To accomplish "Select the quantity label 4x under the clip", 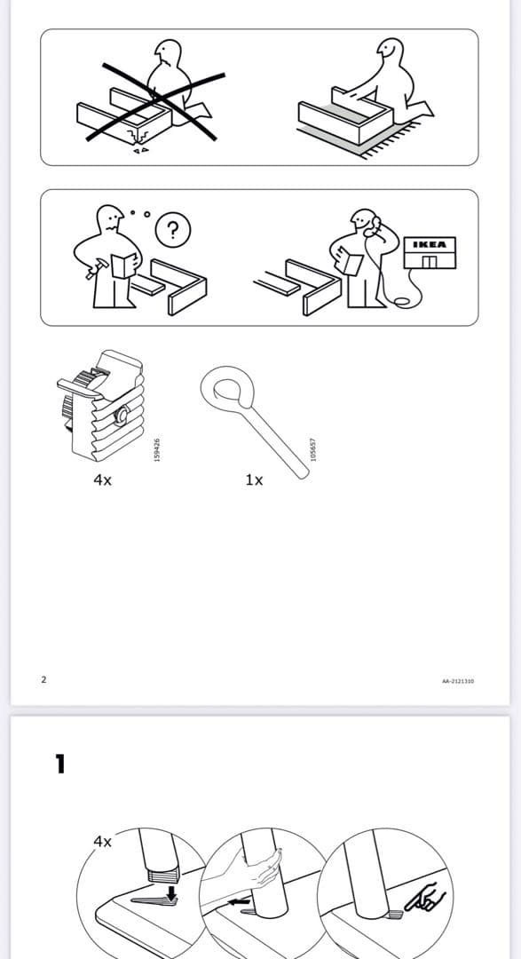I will pyautogui.click(x=102, y=479).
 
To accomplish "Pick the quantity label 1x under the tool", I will pyautogui.click(x=254, y=479).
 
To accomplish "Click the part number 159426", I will pyautogui.click(x=157, y=447).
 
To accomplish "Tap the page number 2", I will pyautogui.click(x=43, y=680).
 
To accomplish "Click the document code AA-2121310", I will pyautogui.click(x=457, y=681).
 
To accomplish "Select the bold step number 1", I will pyautogui.click(x=60, y=764).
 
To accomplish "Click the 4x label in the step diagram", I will pyautogui.click(x=103, y=840).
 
